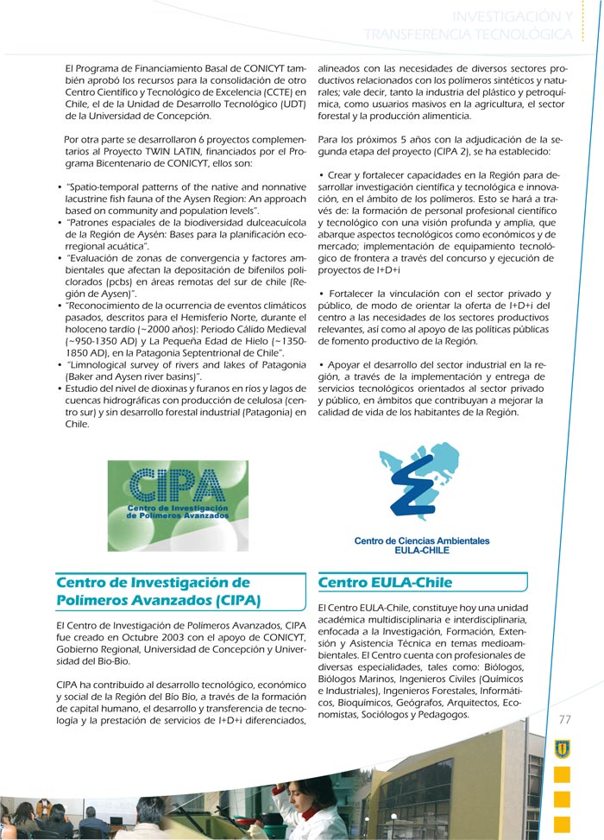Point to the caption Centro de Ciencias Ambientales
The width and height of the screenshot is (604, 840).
[x=421, y=541]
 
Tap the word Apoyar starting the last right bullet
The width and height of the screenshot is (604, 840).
[x=349, y=364]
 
